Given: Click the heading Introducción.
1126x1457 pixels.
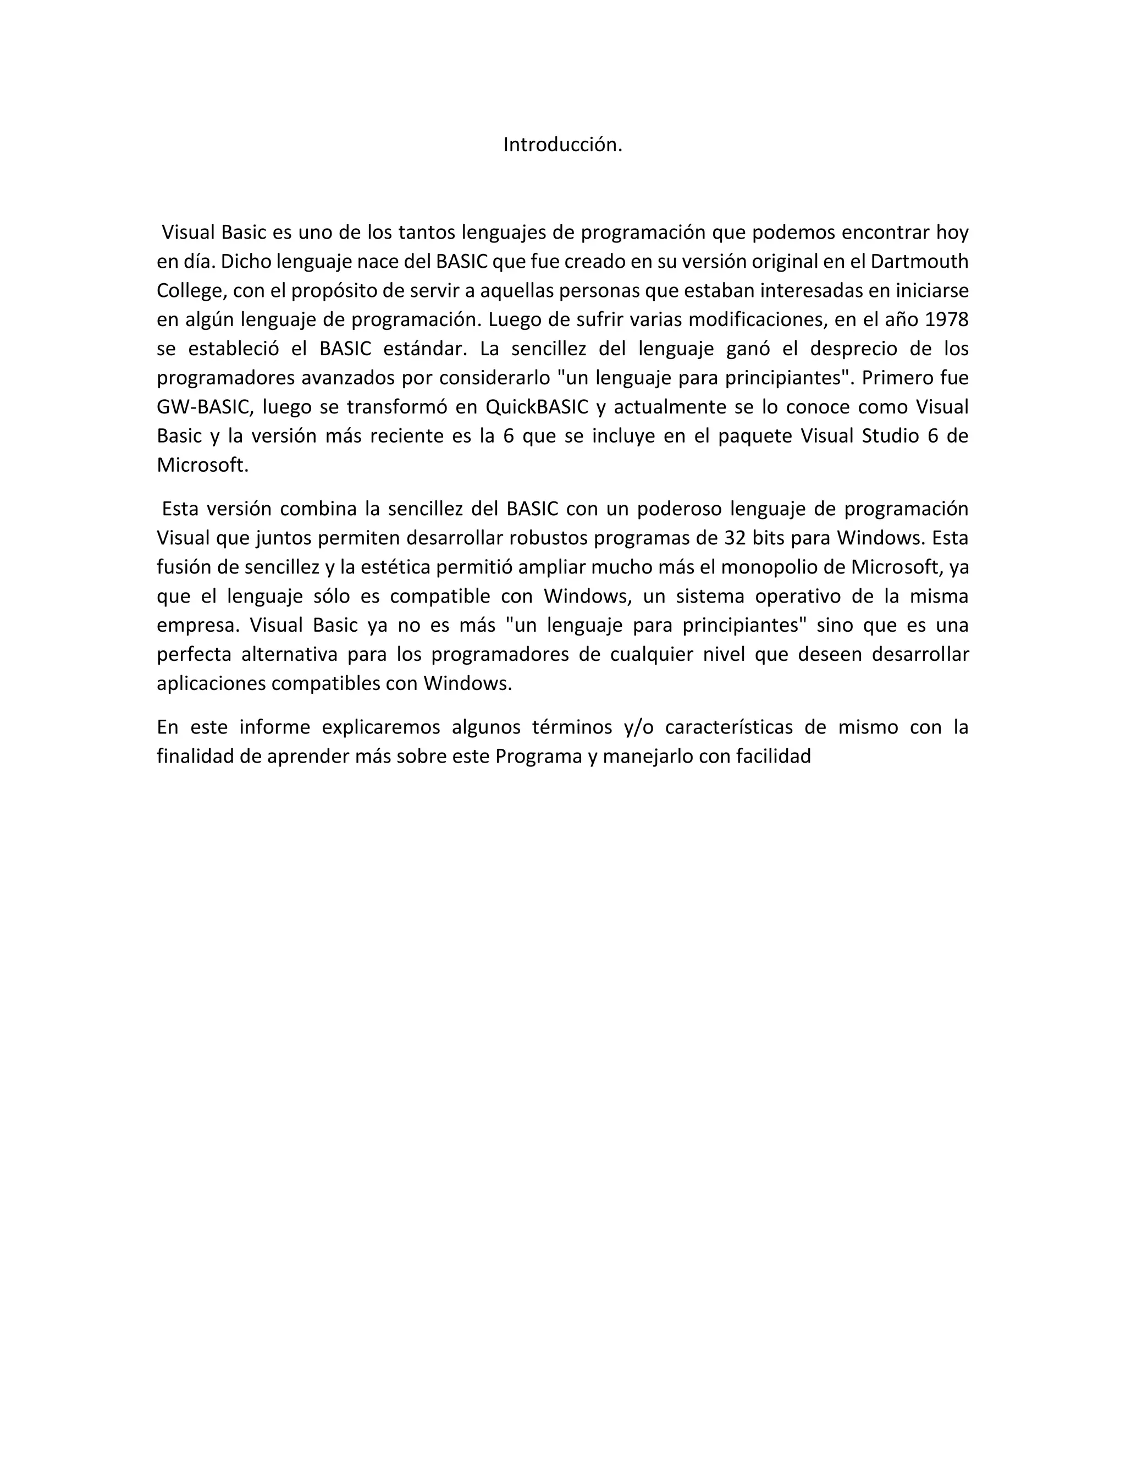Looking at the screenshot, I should click(562, 145).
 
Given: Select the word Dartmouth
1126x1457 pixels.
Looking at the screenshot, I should click(919, 262).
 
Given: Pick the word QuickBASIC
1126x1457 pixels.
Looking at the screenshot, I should click(537, 407).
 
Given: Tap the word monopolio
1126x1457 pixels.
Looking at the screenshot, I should click(790, 567).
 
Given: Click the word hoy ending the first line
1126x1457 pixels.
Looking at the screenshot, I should click(952, 233).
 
